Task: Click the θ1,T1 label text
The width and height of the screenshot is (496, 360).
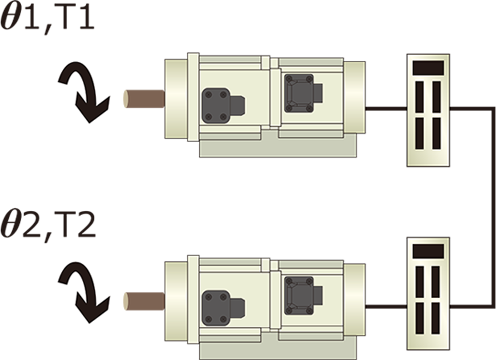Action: click(x=48, y=18)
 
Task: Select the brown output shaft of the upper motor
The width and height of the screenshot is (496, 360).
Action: click(x=144, y=99)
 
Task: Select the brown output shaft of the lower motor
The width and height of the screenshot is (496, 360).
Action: click(x=144, y=301)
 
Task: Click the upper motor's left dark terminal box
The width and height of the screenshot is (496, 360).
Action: click(x=223, y=106)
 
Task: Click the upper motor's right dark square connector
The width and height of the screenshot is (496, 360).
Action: click(x=303, y=93)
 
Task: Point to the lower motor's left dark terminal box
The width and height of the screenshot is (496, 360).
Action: click(x=223, y=308)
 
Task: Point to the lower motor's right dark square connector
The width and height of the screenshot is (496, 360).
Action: click(x=303, y=296)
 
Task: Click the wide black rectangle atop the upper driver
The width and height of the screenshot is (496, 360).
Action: click(x=428, y=68)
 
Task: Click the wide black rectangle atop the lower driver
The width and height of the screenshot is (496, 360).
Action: click(x=428, y=251)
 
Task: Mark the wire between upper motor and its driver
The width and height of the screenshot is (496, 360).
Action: click(x=386, y=108)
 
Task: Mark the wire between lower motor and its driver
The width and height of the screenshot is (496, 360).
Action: click(x=386, y=306)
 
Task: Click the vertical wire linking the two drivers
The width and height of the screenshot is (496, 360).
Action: click(x=493, y=207)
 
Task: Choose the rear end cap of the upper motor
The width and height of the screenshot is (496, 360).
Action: click(x=354, y=98)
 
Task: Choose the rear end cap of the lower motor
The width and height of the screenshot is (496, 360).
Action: click(x=354, y=300)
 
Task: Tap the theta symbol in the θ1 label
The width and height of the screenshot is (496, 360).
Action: click(x=11, y=18)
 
